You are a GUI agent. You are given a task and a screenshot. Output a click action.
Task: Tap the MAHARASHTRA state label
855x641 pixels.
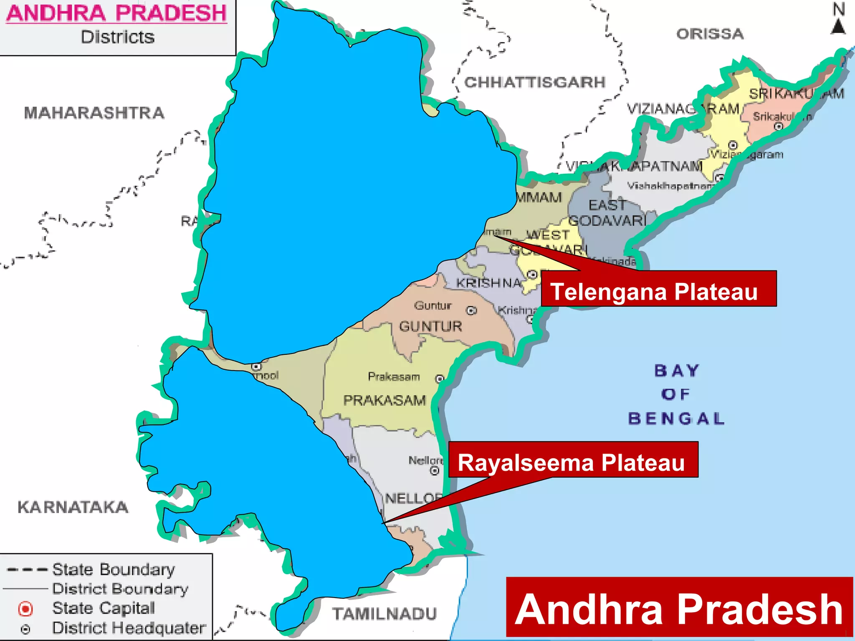click(x=94, y=113)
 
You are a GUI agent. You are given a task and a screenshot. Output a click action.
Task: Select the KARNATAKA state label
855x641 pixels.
click(x=73, y=507)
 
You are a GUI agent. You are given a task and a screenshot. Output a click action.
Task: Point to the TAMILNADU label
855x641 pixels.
click(x=384, y=614)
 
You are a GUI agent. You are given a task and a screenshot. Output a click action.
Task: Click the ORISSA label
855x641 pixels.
click(x=710, y=34)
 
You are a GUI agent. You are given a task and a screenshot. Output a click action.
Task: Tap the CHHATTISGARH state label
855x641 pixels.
click(x=534, y=82)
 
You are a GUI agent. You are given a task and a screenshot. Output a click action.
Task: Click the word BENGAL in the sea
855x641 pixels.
click(x=676, y=419)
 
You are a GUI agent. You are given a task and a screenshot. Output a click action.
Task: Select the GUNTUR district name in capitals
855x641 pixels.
click(x=430, y=326)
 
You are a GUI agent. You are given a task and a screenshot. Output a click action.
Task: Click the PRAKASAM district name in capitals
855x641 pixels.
click(x=384, y=401)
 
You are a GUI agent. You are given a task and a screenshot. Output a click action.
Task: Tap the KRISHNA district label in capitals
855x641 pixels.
click(x=488, y=283)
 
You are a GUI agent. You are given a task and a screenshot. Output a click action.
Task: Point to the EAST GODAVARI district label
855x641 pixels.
click(x=607, y=213)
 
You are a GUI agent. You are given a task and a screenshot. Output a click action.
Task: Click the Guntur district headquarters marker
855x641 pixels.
click(x=471, y=310)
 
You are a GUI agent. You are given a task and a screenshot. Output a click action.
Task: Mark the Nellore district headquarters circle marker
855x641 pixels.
click(x=435, y=471)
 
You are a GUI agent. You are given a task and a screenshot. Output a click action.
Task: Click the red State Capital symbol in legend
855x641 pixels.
click(x=25, y=609)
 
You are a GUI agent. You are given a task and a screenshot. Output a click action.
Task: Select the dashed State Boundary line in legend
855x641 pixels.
click(x=27, y=570)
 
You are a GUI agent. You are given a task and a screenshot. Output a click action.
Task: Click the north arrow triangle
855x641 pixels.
click(x=838, y=27)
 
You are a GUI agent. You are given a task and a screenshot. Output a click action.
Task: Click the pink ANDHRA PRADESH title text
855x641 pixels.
click(x=116, y=13)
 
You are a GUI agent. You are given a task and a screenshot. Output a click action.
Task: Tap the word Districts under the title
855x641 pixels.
click(x=117, y=37)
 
